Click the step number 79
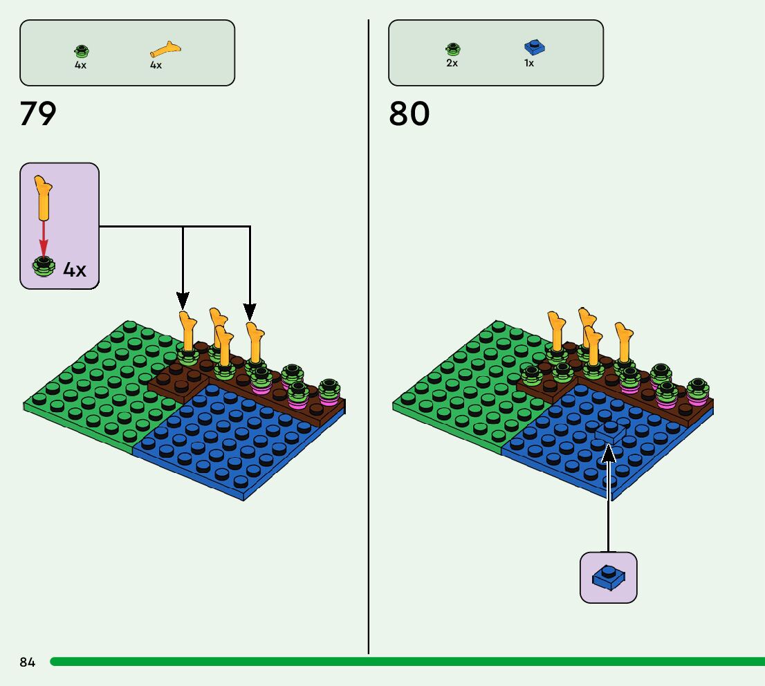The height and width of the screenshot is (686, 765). [x=38, y=114]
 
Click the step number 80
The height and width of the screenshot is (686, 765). [x=409, y=114]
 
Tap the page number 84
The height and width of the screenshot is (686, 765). [x=28, y=662]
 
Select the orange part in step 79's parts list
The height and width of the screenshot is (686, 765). [x=166, y=49]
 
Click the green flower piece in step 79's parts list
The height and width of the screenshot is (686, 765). [x=82, y=50]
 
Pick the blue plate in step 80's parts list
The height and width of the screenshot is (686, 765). [x=534, y=47]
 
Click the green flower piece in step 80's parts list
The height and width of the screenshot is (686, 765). [x=452, y=49]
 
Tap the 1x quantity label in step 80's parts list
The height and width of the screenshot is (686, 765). [x=529, y=63]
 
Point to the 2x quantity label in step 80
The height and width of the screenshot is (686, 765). [x=452, y=63]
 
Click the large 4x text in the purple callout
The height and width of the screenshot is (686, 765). [x=75, y=269]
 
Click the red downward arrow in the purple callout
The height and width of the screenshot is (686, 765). [x=44, y=239]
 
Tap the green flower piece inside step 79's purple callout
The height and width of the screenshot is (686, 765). [x=44, y=266]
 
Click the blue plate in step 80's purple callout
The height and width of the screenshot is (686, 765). [x=609, y=577]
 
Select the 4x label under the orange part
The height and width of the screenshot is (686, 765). [x=156, y=65]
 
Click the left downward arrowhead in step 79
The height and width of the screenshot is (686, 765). [x=183, y=301]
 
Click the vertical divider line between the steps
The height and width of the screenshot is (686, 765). [x=369, y=346]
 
